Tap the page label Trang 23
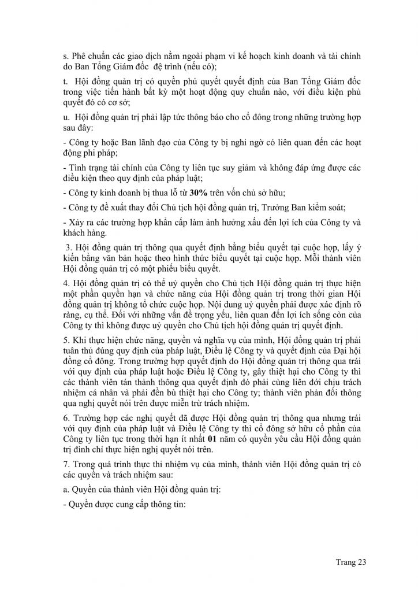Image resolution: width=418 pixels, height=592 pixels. point(351,561)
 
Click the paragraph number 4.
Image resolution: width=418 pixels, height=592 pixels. point(65,283)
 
